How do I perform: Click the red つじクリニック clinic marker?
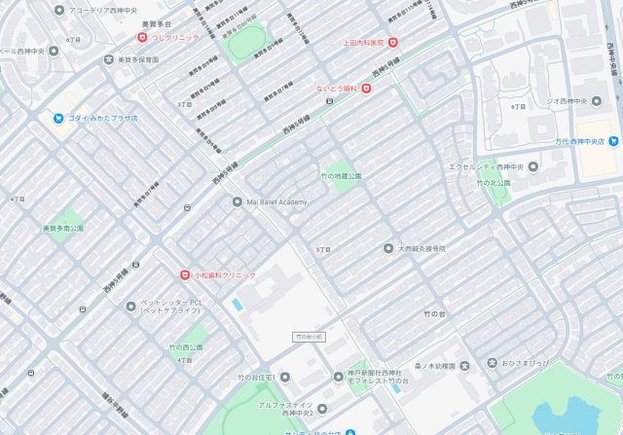(x=142, y=37)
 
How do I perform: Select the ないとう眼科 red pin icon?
(x=366, y=89)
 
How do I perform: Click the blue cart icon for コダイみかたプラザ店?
(x=58, y=118)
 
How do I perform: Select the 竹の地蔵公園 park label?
(x=341, y=176)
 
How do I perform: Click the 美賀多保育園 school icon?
(x=108, y=59)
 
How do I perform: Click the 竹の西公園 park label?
(x=185, y=347)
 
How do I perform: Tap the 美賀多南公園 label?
(x=62, y=228)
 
